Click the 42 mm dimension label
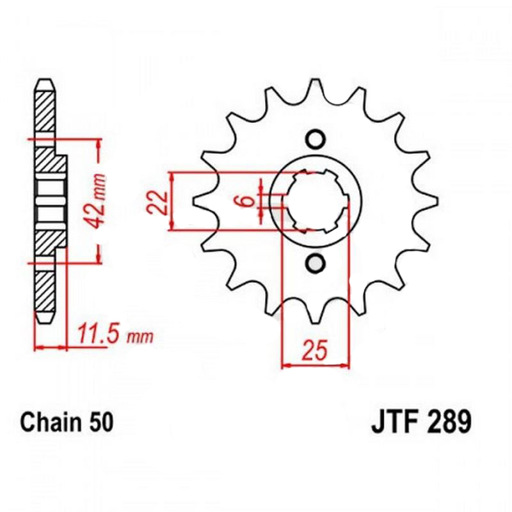pos(96,201)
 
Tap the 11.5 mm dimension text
pos(116,333)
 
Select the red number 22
pos(157,203)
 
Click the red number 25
pos(315,349)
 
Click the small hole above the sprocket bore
pos(316,139)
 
